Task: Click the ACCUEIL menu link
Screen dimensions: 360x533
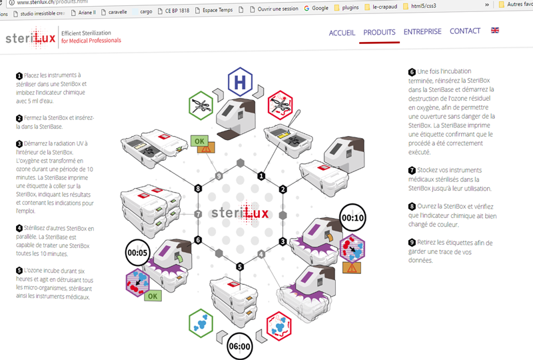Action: [x=342, y=32]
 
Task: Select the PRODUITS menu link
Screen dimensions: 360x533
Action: [x=379, y=32]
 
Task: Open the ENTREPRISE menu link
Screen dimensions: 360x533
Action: [x=422, y=31]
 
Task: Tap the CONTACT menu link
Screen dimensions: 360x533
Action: [x=465, y=31]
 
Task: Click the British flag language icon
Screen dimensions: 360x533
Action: [x=495, y=31]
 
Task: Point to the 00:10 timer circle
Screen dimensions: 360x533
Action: [x=351, y=217]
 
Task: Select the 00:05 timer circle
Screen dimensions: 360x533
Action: [x=139, y=253]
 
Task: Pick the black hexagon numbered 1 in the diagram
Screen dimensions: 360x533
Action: [x=261, y=176]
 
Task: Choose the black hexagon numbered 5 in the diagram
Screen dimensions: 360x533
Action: [x=240, y=267]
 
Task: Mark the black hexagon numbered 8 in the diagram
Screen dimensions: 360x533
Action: [x=198, y=189]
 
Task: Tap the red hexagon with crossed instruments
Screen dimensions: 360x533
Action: [x=280, y=105]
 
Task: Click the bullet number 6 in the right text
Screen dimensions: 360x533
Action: [x=412, y=72]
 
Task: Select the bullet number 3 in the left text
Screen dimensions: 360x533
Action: [x=19, y=144]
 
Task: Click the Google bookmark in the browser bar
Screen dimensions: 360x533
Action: [x=316, y=9]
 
